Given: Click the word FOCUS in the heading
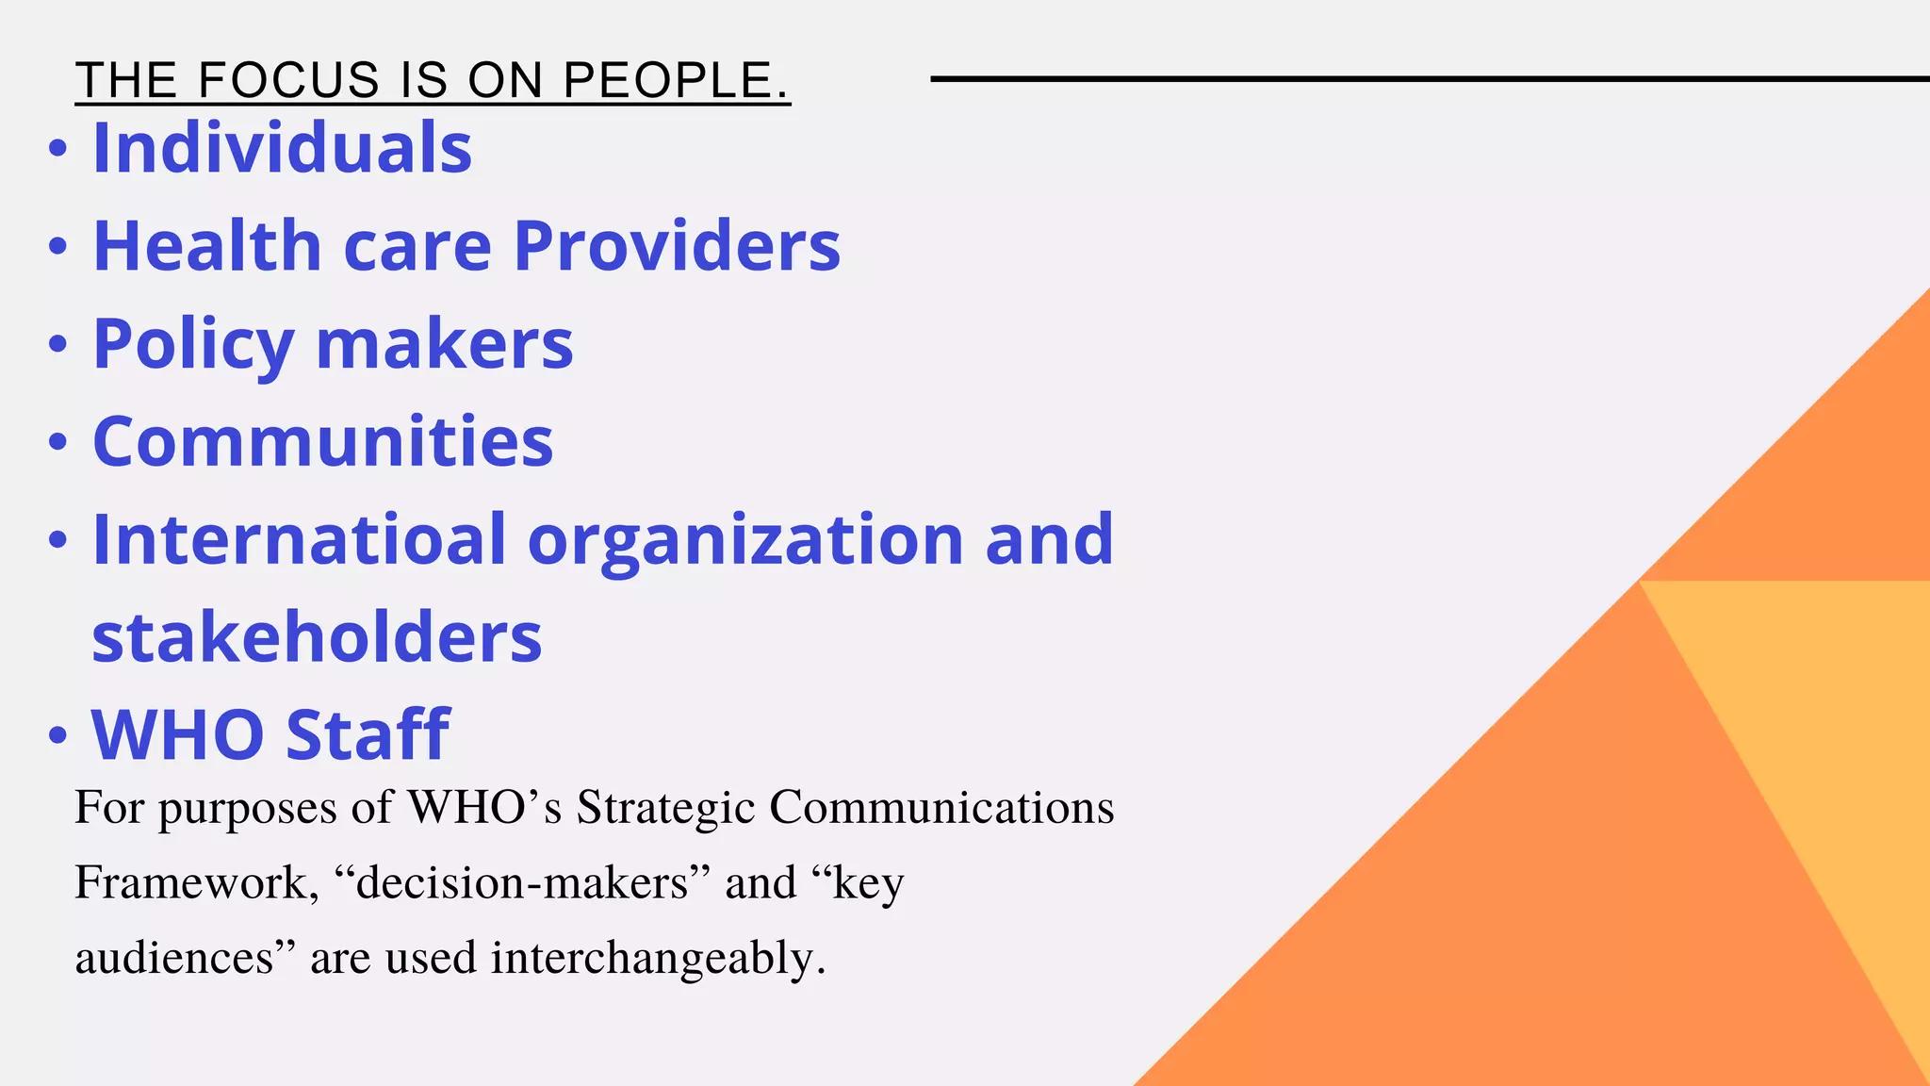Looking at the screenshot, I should tap(288, 80).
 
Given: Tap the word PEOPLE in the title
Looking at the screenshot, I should tap(675, 80).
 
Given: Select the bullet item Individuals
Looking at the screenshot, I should tap(282, 148).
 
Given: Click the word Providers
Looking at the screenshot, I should tap(677, 246).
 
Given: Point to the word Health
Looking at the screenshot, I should tap(207, 246).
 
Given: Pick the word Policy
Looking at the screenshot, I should tap(193, 345).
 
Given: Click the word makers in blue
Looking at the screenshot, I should tap(444, 344).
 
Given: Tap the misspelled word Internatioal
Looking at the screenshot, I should tap(299, 539).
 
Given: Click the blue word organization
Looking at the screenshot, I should tap(745, 539).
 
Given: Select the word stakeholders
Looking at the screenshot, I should tap(317, 638).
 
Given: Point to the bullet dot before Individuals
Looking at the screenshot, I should tap(58, 149).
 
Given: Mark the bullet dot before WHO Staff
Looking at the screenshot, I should tap(58, 735).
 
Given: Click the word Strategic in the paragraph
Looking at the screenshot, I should tap(665, 808).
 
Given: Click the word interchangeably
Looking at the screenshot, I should tap(657, 959).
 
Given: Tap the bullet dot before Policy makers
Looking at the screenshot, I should tap(58, 345).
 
